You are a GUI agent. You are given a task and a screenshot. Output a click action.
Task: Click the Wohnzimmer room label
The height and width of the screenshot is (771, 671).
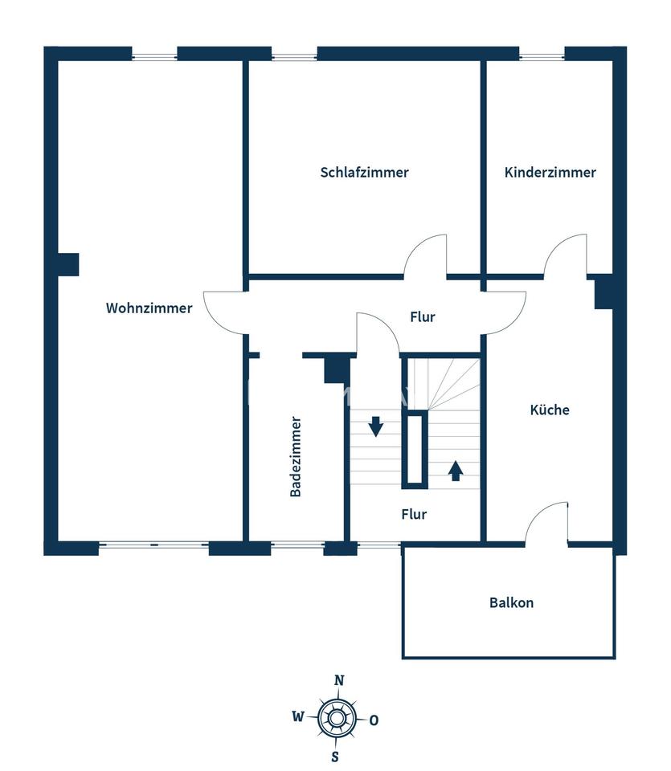[x=149, y=308]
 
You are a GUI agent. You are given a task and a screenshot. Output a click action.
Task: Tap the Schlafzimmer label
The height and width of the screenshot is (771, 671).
[x=365, y=173]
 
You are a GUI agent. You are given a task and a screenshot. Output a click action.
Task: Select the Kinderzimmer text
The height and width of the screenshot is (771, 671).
[x=550, y=173]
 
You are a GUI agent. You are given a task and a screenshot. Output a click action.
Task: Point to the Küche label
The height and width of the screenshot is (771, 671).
[x=550, y=410]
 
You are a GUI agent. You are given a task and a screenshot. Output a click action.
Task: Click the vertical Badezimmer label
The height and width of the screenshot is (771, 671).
[x=295, y=457]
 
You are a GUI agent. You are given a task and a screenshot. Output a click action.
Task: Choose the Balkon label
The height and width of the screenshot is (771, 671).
[x=511, y=603]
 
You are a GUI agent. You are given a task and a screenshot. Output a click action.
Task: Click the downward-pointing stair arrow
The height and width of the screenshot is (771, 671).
[x=376, y=426]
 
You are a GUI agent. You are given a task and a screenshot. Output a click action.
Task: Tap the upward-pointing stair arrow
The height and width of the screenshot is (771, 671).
[x=456, y=471]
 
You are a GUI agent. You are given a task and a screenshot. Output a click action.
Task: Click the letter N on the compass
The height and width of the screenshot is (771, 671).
[x=339, y=680]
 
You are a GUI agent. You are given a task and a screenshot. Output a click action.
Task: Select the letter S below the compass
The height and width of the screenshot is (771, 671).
[x=335, y=757]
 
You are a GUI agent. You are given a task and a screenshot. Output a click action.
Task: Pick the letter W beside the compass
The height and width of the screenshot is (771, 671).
[x=298, y=717]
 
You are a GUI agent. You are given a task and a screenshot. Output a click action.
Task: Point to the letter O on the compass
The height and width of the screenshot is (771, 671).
[x=374, y=720]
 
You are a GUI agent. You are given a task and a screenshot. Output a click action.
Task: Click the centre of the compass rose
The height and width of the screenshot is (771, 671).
[x=336, y=718]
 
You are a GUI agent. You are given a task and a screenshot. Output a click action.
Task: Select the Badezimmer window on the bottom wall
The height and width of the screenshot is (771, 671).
[x=297, y=545]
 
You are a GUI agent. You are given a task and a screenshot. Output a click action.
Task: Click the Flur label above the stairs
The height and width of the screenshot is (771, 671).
[x=423, y=317]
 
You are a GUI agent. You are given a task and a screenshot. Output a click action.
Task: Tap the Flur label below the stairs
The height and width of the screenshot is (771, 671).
[x=414, y=514]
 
